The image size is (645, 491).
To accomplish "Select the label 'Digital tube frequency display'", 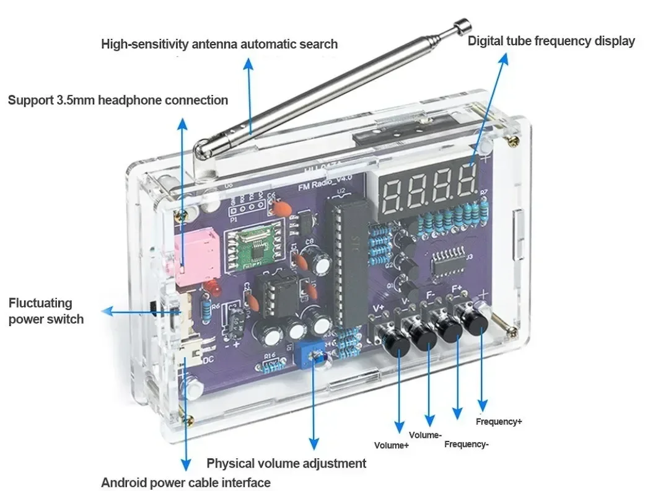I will (551, 42).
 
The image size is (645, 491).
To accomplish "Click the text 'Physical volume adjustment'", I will (286, 463).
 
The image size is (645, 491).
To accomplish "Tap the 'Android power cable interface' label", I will (186, 482).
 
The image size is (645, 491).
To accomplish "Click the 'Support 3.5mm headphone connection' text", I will (118, 100).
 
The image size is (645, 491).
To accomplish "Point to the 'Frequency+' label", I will (499, 422).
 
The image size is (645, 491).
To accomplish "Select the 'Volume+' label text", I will (391, 445).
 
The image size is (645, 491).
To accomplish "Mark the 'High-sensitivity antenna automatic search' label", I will (219, 44).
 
